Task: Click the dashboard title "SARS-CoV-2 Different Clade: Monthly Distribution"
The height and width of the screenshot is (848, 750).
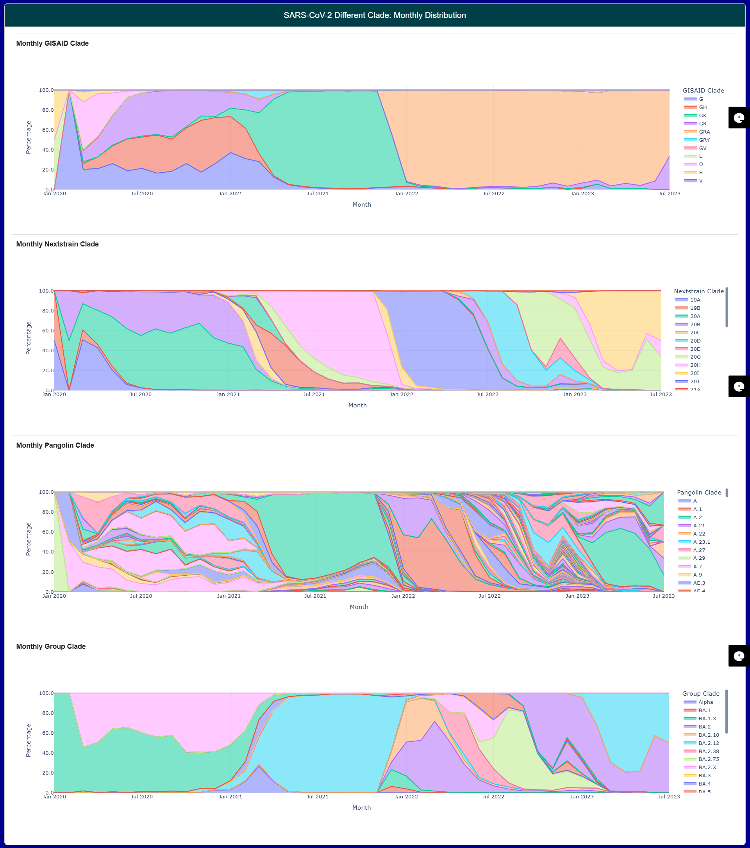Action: tap(375, 15)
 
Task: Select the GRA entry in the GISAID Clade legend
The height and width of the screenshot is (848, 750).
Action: tap(704, 132)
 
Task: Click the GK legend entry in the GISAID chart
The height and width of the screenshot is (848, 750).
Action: tap(702, 116)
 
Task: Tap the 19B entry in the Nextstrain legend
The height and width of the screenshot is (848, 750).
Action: tap(695, 308)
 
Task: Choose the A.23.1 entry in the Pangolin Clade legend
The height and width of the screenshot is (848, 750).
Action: tap(702, 542)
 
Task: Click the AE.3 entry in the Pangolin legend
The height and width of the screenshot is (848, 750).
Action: tap(699, 583)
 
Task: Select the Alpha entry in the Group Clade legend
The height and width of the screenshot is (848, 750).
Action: tap(705, 702)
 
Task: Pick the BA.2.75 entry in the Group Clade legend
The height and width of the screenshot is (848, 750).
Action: tap(709, 759)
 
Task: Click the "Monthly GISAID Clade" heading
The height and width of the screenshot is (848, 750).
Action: tap(52, 44)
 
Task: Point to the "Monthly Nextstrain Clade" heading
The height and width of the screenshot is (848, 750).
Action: tap(57, 245)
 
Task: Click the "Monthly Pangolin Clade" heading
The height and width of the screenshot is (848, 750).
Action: tap(55, 446)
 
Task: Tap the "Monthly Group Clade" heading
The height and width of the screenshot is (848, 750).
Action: tap(51, 647)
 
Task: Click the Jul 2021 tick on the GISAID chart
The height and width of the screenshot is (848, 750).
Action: tap(317, 194)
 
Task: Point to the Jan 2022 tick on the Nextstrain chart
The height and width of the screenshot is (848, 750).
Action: tap(401, 395)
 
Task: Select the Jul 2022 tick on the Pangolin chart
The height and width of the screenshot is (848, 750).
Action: tap(489, 596)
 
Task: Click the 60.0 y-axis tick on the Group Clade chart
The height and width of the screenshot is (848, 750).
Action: tap(46, 733)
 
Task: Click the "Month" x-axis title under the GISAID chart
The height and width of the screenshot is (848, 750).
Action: tap(362, 205)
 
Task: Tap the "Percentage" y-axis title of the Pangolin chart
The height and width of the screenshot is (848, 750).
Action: tap(29, 539)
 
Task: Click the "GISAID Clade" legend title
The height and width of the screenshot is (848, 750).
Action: tap(703, 91)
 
